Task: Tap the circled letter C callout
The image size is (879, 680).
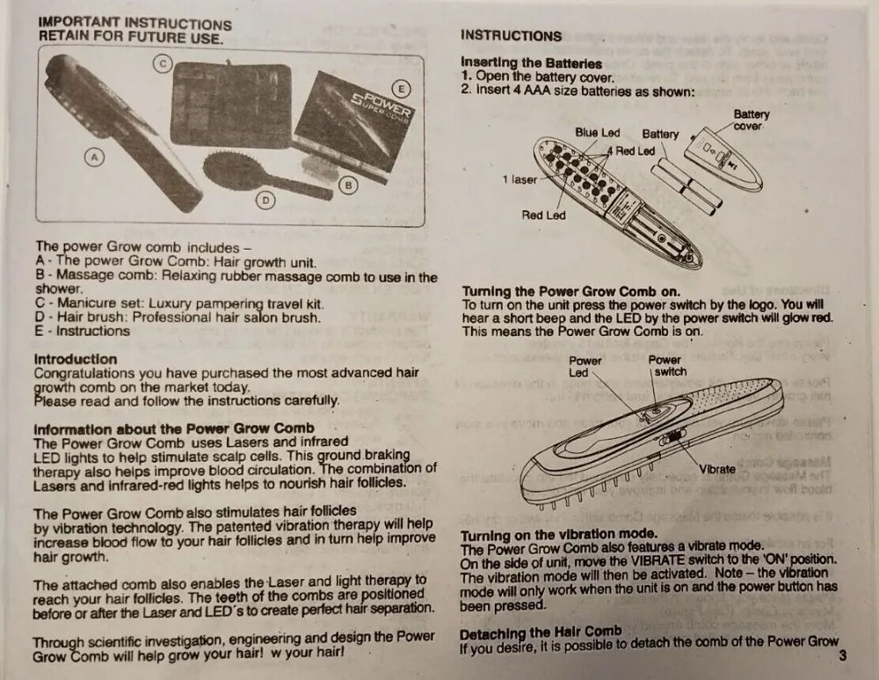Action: pos(162,62)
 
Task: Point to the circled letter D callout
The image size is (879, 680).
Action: pos(265,200)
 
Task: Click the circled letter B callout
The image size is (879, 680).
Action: pos(348,186)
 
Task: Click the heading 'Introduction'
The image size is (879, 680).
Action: pos(75,359)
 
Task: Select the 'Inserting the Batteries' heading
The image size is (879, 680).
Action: pos(531,63)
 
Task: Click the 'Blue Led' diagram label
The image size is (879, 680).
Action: pos(597,133)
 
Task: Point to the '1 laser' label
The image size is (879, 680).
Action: pos(519,179)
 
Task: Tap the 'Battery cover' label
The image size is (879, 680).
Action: pos(751,120)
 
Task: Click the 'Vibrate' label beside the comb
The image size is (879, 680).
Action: pos(718,469)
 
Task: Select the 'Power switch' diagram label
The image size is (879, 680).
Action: pos(666,365)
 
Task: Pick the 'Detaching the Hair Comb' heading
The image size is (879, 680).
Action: pos(541,631)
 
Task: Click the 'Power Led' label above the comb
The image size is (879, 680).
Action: pos(585,365)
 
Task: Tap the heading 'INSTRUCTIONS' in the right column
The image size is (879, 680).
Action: pos(511,36)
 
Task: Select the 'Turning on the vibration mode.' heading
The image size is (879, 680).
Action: pos(558,534)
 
